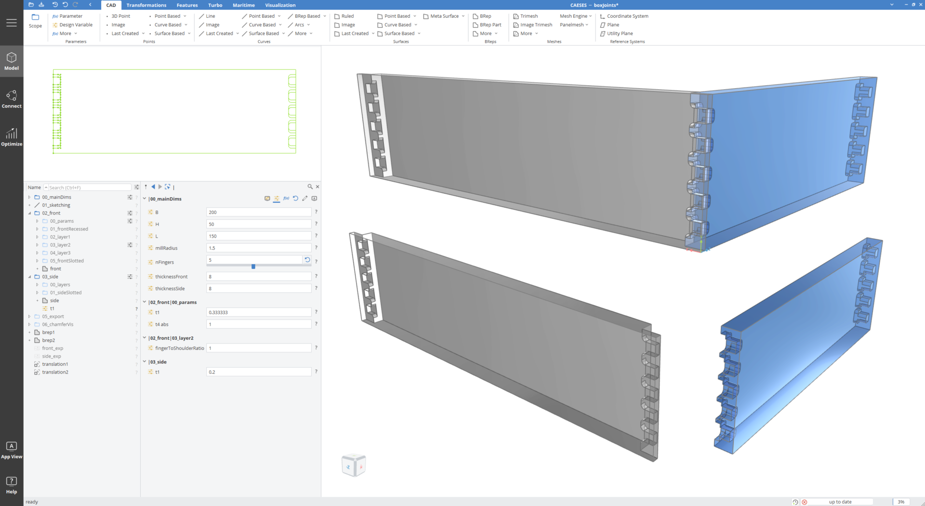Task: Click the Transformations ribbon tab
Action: click(146, 5)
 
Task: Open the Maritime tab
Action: click(243, 5)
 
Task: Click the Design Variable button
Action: click(76, 25)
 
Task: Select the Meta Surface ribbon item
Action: click(444, 16)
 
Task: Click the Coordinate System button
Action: click(627, 16)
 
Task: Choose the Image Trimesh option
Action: click(536, 25)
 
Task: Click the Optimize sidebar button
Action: click(12, 137)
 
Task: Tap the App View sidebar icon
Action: click(12, 450)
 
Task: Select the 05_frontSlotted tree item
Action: click(66, 261)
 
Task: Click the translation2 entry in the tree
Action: click(55, 372)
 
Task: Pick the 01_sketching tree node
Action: click(56, 205)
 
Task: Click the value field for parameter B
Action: click(258, 213)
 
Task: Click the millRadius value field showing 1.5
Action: click(258, 248)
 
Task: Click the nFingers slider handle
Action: click(253, 266)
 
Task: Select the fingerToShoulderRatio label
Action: click(179, 348)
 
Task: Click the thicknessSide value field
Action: click(258, 289)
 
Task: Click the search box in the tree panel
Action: click(89, 187)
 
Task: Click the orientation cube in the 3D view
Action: click(354, 466)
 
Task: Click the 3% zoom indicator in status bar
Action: click(900, 502)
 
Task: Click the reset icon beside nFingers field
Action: click(307, 260)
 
